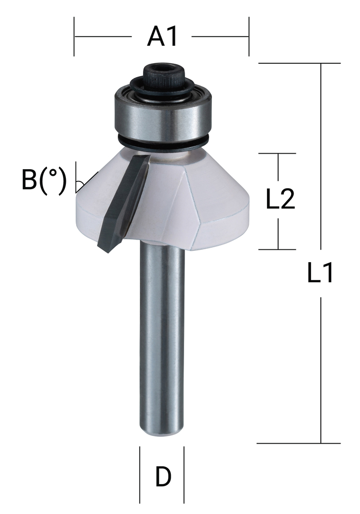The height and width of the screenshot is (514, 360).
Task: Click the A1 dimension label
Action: pyautogui.click(x=163, y=37)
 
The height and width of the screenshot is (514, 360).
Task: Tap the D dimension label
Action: pyautogui.click(x=163, y=478)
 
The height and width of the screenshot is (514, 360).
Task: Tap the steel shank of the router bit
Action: pyautogui.click(x=162, y=334)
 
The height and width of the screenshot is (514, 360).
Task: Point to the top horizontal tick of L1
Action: pyautogui.click(x=298, y=63)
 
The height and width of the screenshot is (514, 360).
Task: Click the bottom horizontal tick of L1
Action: pyautogui.click(x=298, y=443)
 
